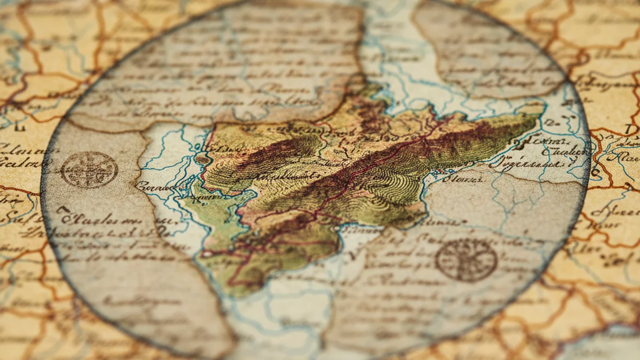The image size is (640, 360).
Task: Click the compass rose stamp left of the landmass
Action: [89, 170]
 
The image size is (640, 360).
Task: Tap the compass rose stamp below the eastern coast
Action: [466, 260]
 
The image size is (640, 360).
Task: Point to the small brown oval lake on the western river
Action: [203, 159]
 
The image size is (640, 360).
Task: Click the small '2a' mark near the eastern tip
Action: [549, 122]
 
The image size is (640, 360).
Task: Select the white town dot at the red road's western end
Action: [206, 254]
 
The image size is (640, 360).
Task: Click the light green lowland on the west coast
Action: [219, 208]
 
